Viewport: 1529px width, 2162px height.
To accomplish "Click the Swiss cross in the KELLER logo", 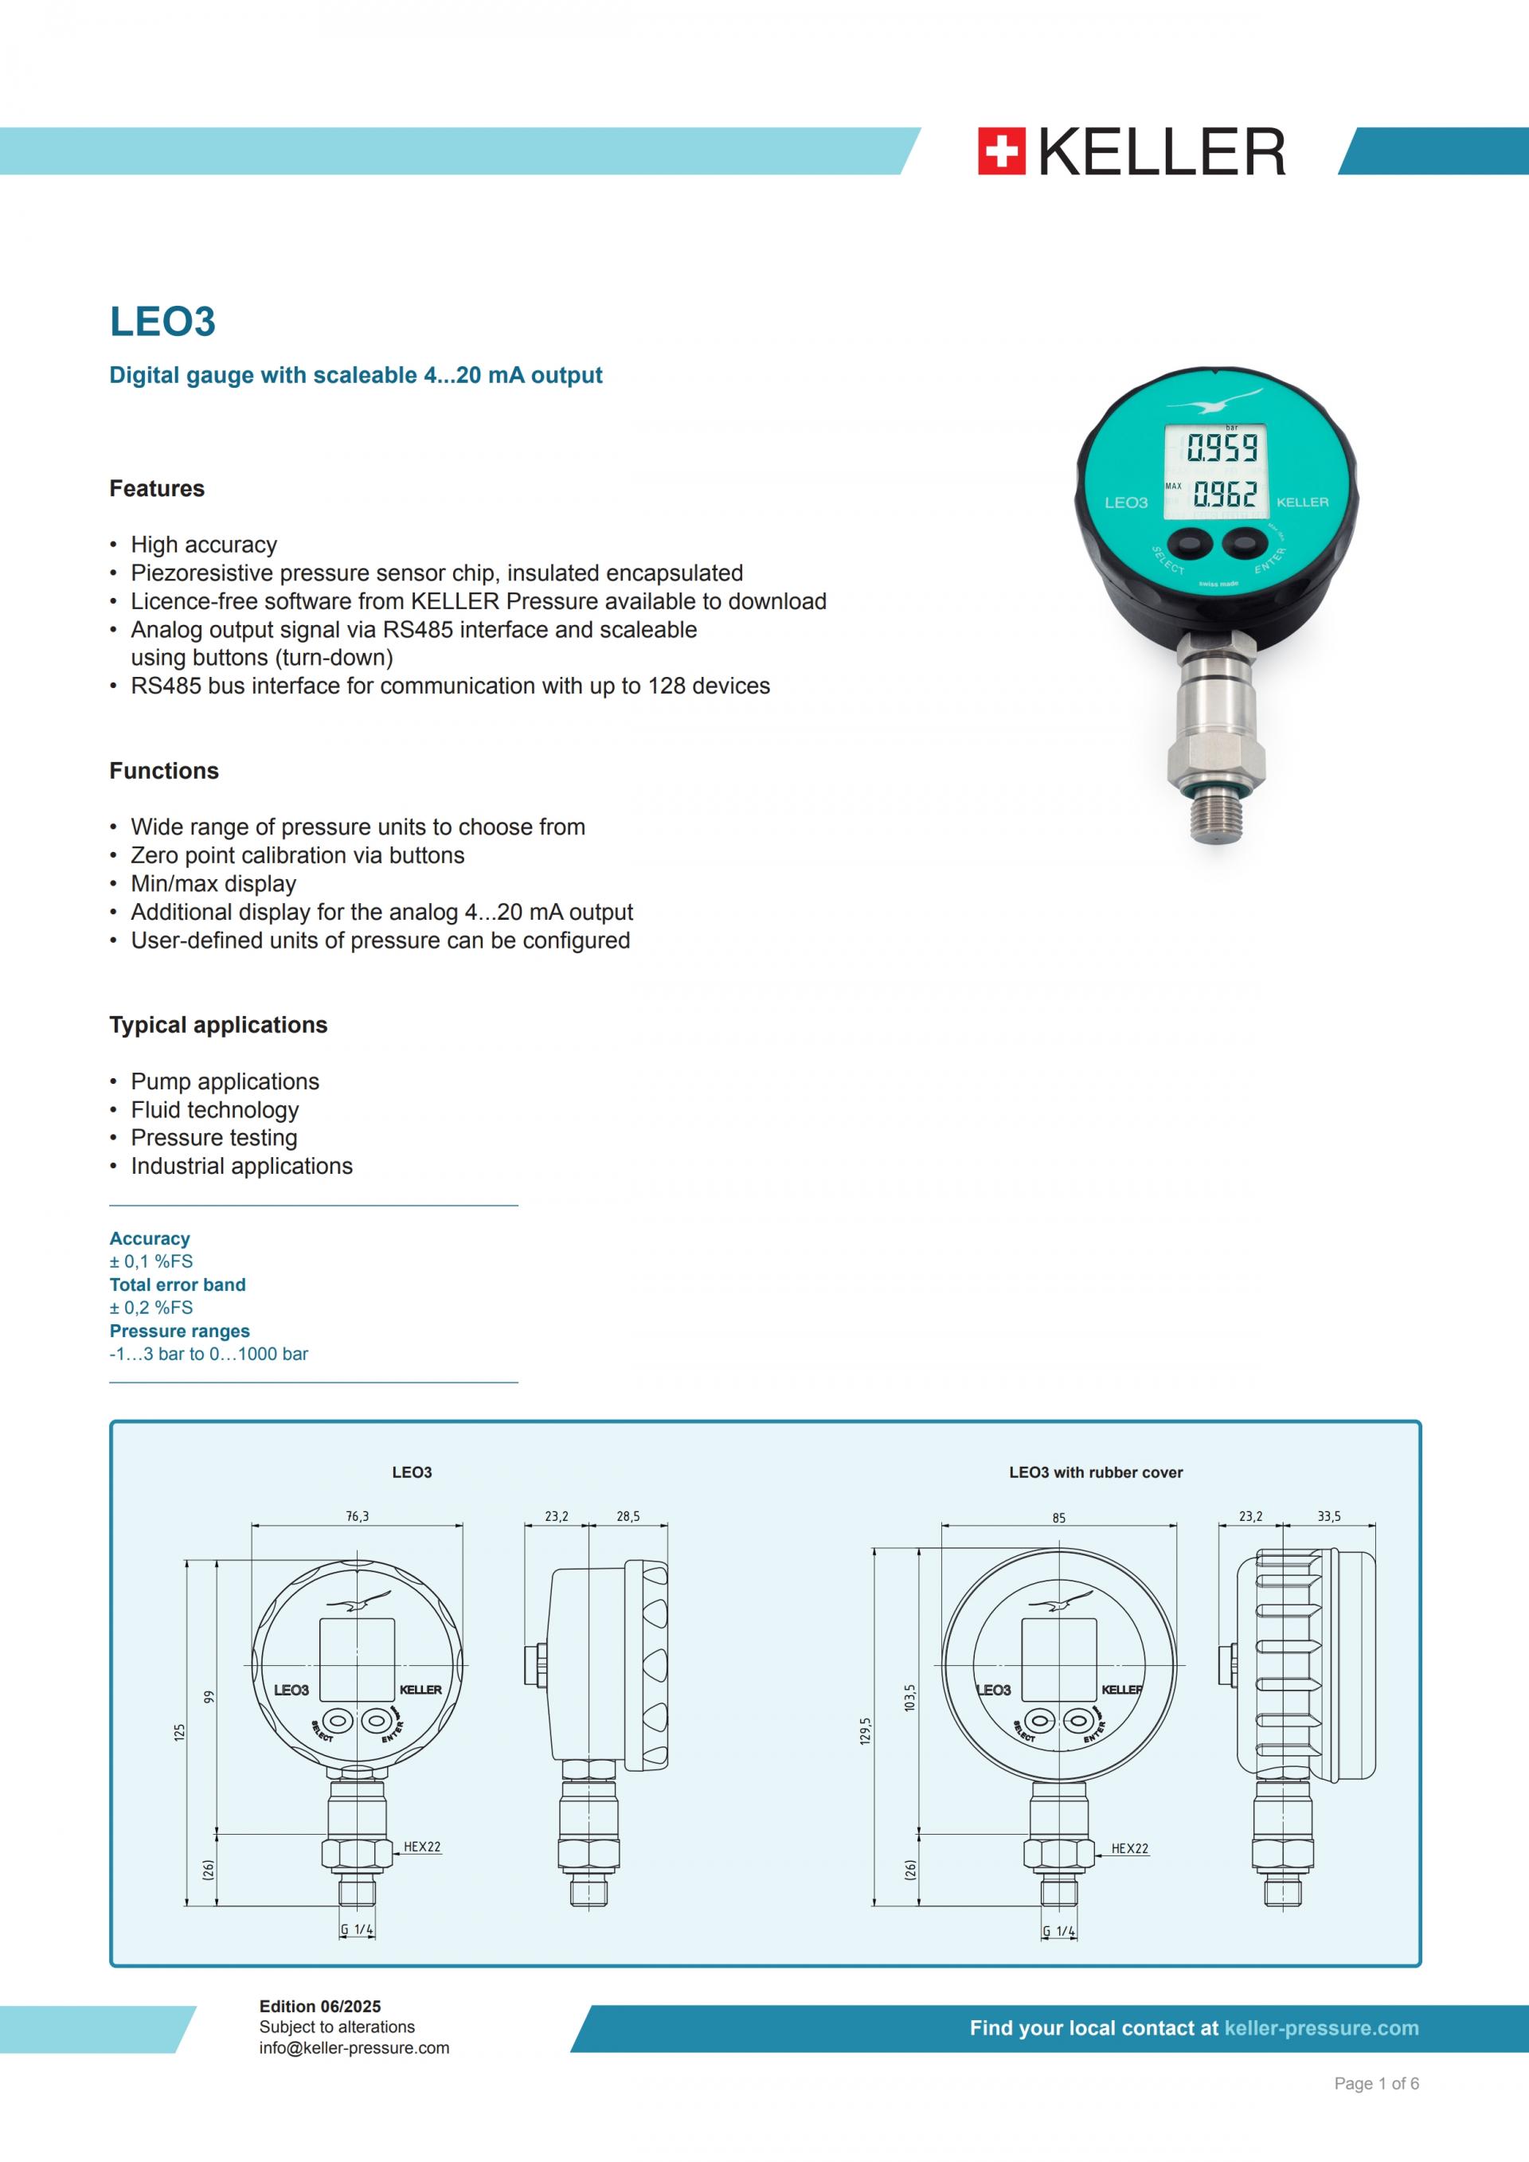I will pos(1001,151).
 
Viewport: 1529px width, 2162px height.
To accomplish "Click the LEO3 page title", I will pos(163,321).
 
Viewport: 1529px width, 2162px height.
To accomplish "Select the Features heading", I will pos(156,489).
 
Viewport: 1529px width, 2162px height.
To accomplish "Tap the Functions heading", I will pos(164,771).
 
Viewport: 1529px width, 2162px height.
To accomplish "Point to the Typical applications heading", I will pos(218,1026).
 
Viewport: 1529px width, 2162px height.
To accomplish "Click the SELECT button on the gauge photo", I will pos(1190,544).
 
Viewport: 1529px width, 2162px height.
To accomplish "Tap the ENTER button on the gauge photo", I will pos(1245,543).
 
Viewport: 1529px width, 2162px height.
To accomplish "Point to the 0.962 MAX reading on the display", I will pos(1225,494).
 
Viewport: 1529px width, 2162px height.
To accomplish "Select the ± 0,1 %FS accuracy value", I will pos(151,1262).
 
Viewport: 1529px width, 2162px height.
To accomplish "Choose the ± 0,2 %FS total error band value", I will pos(151,1308).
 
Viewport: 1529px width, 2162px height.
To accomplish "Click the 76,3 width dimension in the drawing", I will pos(358,1517).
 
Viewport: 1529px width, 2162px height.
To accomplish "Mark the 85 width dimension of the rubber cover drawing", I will pos(1059,1518).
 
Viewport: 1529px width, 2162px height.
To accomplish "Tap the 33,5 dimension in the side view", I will pos(1328,1517).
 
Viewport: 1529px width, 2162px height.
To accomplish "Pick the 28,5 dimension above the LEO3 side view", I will pos(628,1517).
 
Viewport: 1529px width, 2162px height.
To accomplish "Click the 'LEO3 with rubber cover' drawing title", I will pos(1095,1472).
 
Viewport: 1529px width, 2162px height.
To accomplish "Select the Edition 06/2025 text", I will pos(320,2007).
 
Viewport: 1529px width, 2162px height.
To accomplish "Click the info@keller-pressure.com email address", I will pos(354,2048).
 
